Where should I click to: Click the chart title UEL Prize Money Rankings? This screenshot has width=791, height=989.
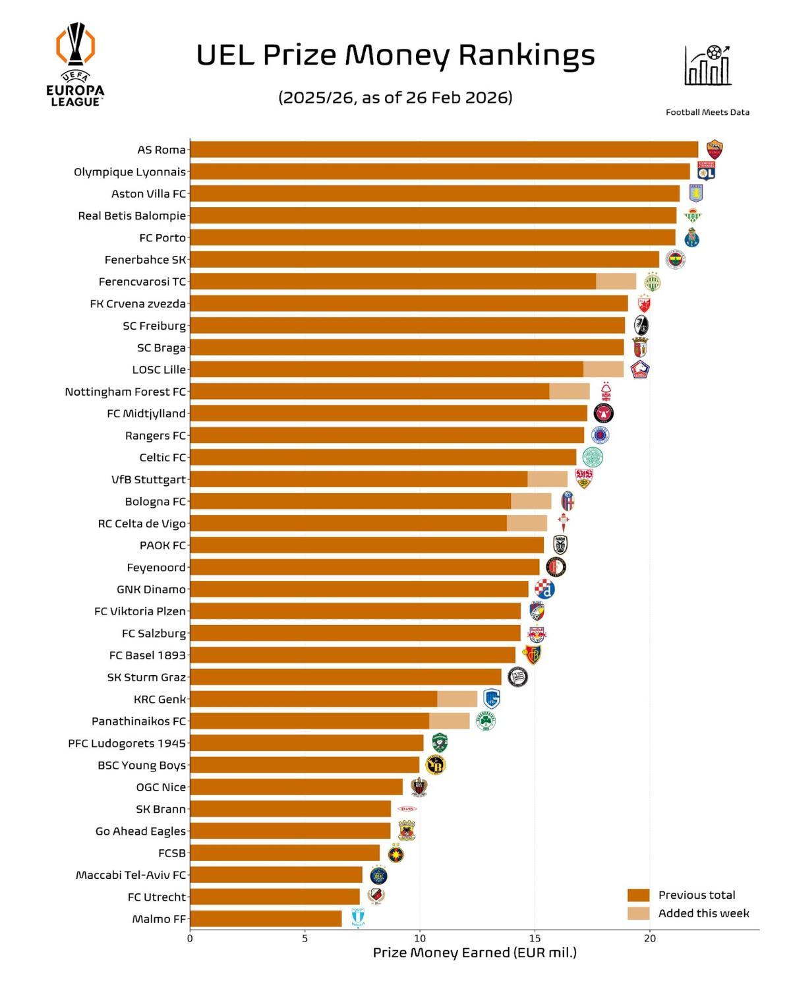point(395,55)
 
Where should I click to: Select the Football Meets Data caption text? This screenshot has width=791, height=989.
point(707,112)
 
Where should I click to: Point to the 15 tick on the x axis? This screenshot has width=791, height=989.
point(535,938)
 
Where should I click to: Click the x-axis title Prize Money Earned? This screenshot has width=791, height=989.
point(474,953)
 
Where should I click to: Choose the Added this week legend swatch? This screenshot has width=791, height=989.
point(638,913)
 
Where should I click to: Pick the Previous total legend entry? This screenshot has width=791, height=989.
point(696,895)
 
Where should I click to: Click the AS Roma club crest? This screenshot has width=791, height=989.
point(714,150)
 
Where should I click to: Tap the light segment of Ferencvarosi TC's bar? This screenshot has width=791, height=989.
point(616,282)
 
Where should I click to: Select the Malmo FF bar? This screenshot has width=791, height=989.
point(266,918)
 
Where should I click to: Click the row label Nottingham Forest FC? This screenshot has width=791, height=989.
point(125,392)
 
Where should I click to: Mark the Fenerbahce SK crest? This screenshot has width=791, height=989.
point(675,260)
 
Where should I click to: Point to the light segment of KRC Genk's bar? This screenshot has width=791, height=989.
point(457,699)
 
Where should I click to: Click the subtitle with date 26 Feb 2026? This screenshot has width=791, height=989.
point(395,98)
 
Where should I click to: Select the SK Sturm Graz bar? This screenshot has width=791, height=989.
point(345,677)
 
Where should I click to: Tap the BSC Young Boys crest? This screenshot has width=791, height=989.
point(435,765)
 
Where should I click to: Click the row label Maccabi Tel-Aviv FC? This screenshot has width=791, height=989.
point(131,875)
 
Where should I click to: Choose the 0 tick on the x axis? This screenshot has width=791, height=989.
point(190,938)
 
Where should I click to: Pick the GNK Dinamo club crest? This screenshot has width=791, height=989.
point(544,589)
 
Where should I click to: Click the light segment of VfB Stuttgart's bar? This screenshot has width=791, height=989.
point(547,479)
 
